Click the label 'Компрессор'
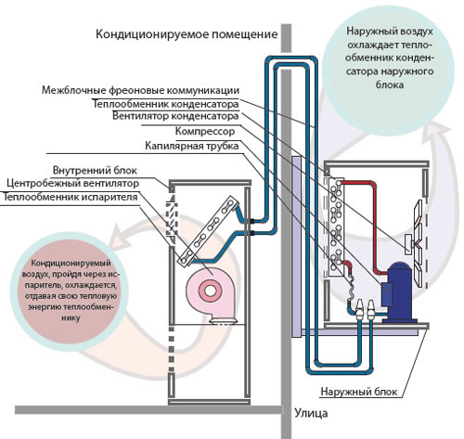click(x=205, y=131)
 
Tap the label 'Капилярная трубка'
click(x=192, y=146)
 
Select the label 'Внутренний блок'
click(x=95, y=170)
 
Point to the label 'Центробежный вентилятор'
click(x=72, y=183)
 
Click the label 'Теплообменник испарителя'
click(x=70, y=197)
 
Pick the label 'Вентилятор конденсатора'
click(x=175, y=116)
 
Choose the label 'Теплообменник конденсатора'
click(x=166, y=104)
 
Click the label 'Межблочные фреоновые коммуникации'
click(x=141, y=90)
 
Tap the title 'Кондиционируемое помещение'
click(x=187, y=34)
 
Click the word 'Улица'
click(x=311, y=413)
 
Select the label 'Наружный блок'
click(x=359, y=392)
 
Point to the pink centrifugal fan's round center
click(x=210, y=291)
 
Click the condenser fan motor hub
click(x=409, y=244)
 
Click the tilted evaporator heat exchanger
click(x=208, y=230)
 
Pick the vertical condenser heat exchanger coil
click(x=336, y=226)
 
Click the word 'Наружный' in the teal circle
click(x=368, y=32)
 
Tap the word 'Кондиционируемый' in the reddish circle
click(x=71, y=264)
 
